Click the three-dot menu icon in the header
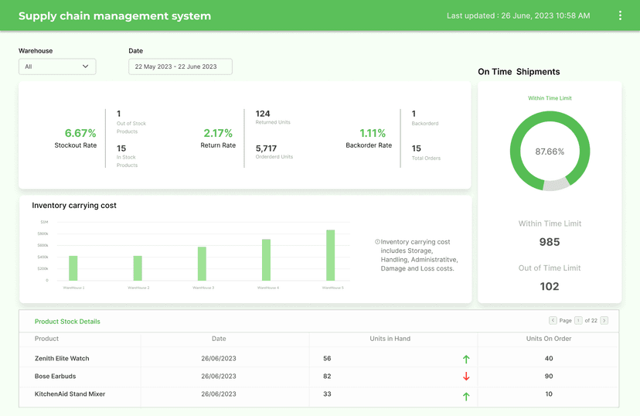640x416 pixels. (620, 15)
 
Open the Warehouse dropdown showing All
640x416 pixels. (57, 66)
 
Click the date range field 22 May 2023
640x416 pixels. (180, 66)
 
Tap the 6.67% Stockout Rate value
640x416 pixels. (80, 133)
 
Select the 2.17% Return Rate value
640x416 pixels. (218, 133)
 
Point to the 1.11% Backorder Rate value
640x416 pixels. (373, 133)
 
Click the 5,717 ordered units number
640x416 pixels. (267, 148)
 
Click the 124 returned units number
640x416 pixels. (263, 114)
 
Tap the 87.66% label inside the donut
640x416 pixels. (550, 152)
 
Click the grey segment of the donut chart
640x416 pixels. (556, 185)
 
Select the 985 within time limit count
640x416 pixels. (550, 242)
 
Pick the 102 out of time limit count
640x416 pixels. (550, 286)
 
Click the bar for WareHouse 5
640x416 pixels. (331, 255)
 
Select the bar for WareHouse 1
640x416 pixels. (73, 268)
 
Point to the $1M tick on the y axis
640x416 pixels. (44, 222)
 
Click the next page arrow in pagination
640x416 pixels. (604, 320)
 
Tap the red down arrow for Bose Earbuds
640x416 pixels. (466, 377)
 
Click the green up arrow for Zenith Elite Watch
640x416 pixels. (466, 359)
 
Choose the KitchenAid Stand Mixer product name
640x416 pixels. (70, 394)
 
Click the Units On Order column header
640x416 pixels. (549, 339)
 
